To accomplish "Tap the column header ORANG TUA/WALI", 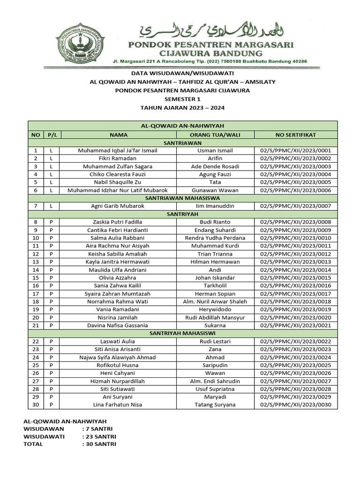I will [215, 135].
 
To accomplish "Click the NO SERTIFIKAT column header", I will [295, 135].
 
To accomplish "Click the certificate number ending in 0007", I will [295, 206].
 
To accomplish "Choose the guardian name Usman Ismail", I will [215, 150].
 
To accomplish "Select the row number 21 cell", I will [35, 325].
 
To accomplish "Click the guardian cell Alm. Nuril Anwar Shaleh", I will [215, 301].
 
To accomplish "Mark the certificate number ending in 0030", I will [295, 405].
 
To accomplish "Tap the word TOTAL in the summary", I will [33, 444].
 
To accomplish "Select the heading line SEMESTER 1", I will [182, 99].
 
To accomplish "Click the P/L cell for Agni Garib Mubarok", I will [51, 206].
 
